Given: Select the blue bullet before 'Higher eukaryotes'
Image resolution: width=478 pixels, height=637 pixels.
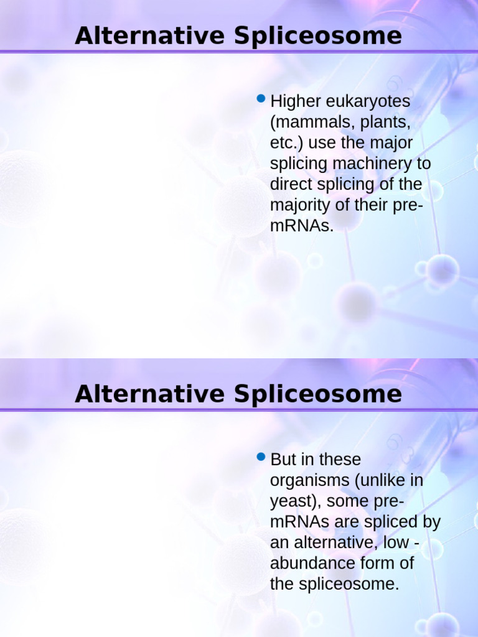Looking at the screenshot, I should click(x=261, y=98).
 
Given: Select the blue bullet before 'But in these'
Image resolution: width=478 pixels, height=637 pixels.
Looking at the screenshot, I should click(x=261, y=457).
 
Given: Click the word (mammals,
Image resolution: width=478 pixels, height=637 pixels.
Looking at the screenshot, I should click(x=310, y=123).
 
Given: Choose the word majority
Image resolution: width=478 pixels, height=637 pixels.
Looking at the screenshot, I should click(x=297, y=206).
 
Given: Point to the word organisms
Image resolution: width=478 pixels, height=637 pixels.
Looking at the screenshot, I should click(x=307, y=481).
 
